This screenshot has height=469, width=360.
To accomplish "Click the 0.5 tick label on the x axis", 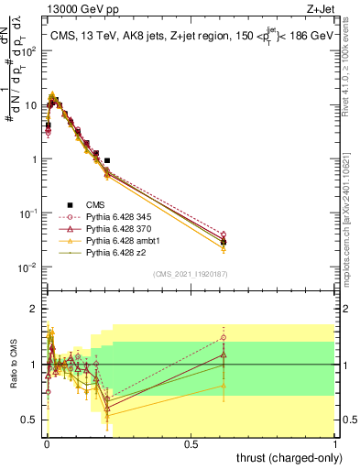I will (x=191, y=444).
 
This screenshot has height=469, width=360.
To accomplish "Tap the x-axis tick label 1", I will (x=336, y=444).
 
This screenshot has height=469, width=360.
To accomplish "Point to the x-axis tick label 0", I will (x=46, y=444).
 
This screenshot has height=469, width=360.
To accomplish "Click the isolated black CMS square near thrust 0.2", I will (x=108, y=160).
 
